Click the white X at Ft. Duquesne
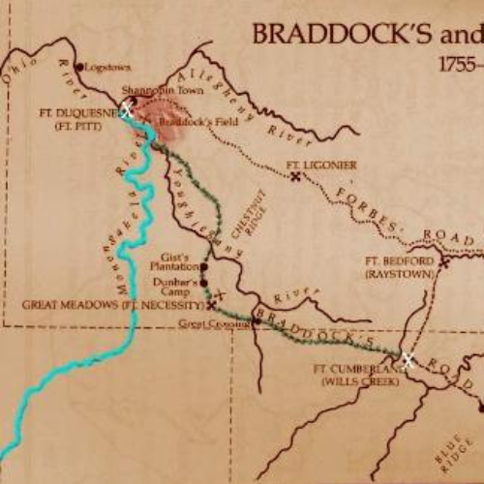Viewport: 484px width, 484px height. [125, 109]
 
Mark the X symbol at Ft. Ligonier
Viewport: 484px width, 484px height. [294, 175]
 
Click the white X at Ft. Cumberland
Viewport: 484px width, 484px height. [408, 360]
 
